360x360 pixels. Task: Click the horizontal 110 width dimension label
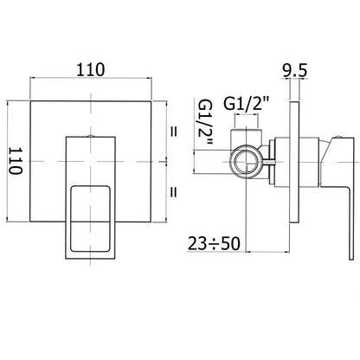(x=91, y=69)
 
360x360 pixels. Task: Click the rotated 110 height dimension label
(x=15, y=161)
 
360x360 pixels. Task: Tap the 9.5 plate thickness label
(x=294, y=71)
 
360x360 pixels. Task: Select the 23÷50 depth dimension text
(x=214, y=243)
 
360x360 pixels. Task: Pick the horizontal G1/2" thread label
(x=246, y=104)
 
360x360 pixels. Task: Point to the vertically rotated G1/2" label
(x=204, y=123)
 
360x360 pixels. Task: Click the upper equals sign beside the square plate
(x=173, y=132)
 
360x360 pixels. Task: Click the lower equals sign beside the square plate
(x=173, y=192)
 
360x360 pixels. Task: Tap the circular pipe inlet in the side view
(x=247, y=162)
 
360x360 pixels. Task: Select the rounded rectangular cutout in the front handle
(x=90, y=218)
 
